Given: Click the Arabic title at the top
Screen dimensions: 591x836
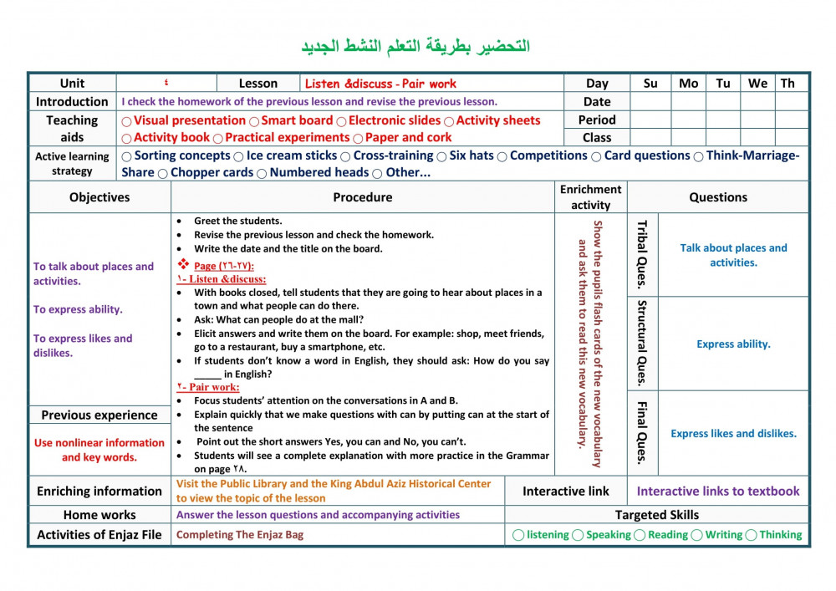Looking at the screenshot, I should coord(415,46).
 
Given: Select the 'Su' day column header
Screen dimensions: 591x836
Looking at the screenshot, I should coord(650,84).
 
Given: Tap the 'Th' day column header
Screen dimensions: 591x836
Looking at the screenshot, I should coord(788,84).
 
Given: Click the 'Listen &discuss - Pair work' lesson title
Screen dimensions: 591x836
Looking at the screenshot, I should coord(380,84).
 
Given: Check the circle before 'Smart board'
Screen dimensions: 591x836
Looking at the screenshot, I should coord(254,121).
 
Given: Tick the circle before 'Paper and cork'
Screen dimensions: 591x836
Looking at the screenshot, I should coord(358,139).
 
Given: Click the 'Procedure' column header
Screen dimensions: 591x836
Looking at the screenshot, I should coord(362,197).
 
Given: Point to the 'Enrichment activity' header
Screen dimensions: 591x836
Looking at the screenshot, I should coord(590,197).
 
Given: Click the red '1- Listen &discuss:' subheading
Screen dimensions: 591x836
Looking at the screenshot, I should coord(222,279).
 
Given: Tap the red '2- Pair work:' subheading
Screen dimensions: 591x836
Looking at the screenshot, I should coord(208,387).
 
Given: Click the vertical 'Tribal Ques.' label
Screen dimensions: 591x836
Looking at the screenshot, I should coord(642,254).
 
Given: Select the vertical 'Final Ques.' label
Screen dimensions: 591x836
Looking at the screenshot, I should coord(642,433).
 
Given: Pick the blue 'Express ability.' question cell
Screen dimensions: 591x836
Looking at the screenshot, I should coord(733,344).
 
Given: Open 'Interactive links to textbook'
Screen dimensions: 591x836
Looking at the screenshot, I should coord(718,492).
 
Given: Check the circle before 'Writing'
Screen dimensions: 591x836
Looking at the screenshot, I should coord(696,535).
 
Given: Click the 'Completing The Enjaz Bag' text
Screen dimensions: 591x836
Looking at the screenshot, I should coord(240,535).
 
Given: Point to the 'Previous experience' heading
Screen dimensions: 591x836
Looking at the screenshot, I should coord(99,415).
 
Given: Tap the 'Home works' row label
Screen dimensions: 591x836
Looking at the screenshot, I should coord(99,515).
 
